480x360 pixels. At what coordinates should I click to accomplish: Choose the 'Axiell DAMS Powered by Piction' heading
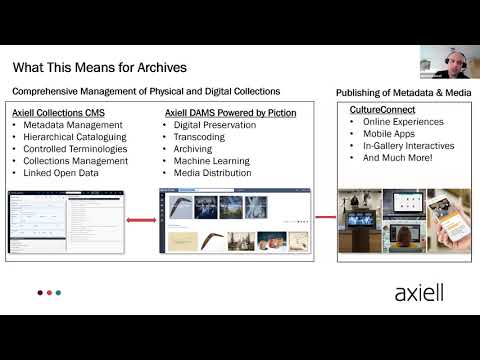pos(229,114)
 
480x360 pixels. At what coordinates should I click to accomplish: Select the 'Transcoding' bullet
pos(200,137)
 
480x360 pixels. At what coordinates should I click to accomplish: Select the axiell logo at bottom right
pos(419,293)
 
